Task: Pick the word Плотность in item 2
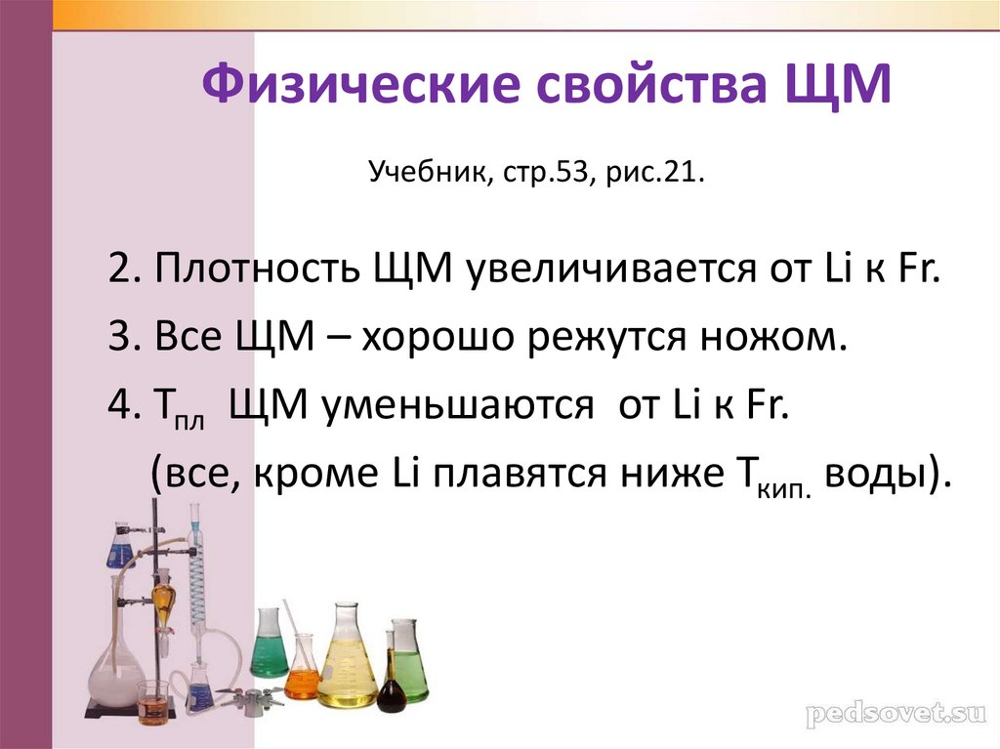point(257,268)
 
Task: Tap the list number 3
point(119,337)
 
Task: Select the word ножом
point(781,337)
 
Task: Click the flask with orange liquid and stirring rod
point(302,669)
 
